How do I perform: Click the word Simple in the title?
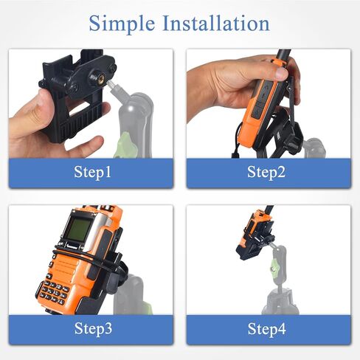[122, 24]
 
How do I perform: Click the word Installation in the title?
[216, 23]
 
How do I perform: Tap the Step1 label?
[92, 172]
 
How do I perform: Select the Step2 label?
[266, 172]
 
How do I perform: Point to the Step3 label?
[93, 328]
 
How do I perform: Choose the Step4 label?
[266, 328]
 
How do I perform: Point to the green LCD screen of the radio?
[78, 229]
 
